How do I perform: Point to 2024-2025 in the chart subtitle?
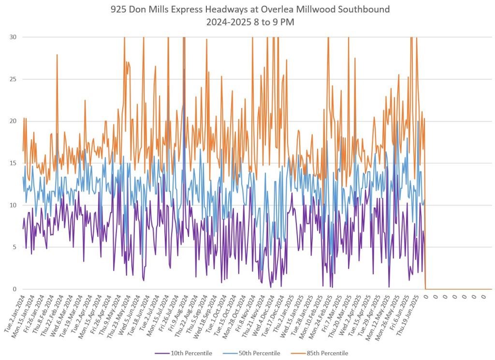click(224, 21)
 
